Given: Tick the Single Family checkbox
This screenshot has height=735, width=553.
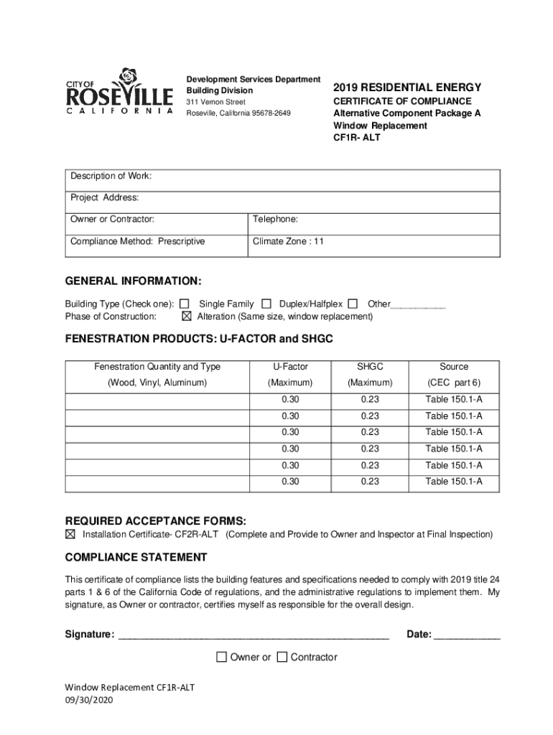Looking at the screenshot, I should tap(185, 304).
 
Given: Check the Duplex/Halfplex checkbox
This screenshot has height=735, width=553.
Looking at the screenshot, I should tap(266, 304).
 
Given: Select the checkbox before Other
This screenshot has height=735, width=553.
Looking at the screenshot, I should tap(353, 304).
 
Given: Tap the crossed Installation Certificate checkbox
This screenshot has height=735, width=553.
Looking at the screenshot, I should tap(70, 535).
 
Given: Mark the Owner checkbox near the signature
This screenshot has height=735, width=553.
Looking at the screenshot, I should tap(221, 657).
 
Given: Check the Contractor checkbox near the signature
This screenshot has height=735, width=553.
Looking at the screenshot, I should tap(282, 657).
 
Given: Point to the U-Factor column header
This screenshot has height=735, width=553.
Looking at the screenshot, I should tap(290, 367).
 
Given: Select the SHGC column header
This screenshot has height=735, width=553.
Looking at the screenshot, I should tap(370, 367).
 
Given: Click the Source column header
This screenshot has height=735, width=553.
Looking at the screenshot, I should tap(454, 367).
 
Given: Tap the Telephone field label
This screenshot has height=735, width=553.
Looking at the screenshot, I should tap(275, 220).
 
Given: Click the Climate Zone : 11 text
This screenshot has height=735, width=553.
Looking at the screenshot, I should tap(288, 242).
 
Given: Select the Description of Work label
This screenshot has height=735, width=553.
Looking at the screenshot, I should tap(111, 177).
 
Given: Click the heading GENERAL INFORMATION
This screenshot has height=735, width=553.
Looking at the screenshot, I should tap(134, 281).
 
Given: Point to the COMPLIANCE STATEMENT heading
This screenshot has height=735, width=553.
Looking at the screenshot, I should tap(136, 558).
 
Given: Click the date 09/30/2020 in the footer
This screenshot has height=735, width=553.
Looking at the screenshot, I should tap(89, 700).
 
